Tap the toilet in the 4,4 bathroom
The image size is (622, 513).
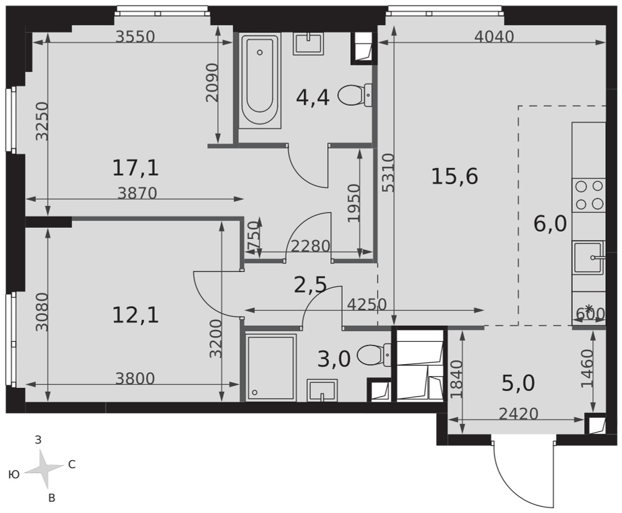click(x=355, y=95)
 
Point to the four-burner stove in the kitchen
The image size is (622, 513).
click(x=588, y=195)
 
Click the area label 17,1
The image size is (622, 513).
click(x=136, y=167)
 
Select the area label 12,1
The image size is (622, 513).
click(x=136, y=315)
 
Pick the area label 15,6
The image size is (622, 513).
click(x=455, y=176)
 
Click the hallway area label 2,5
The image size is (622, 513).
click(x=310, y=285)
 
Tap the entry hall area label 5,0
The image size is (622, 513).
click(x=519, y=384)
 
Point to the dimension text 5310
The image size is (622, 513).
click(x=389, y=172)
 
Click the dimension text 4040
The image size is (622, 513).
click(x=494, y=37)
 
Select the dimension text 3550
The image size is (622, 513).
click(x=135, y=37)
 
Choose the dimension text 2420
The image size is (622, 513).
click(x=519, y=414)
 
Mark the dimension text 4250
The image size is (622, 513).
click(x=367, y=304)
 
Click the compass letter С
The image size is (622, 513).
click(x=72, y=464)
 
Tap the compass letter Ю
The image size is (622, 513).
click(x=14, y=474)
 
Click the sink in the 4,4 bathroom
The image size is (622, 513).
click(x=309, y=44)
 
